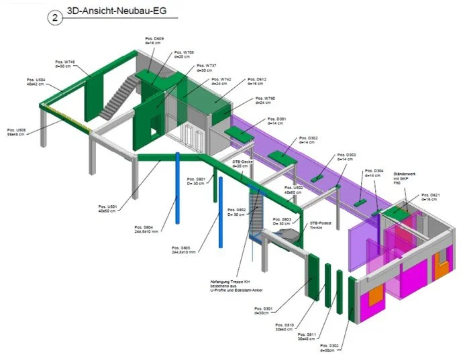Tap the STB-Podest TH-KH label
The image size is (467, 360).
(x=320, y=225)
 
